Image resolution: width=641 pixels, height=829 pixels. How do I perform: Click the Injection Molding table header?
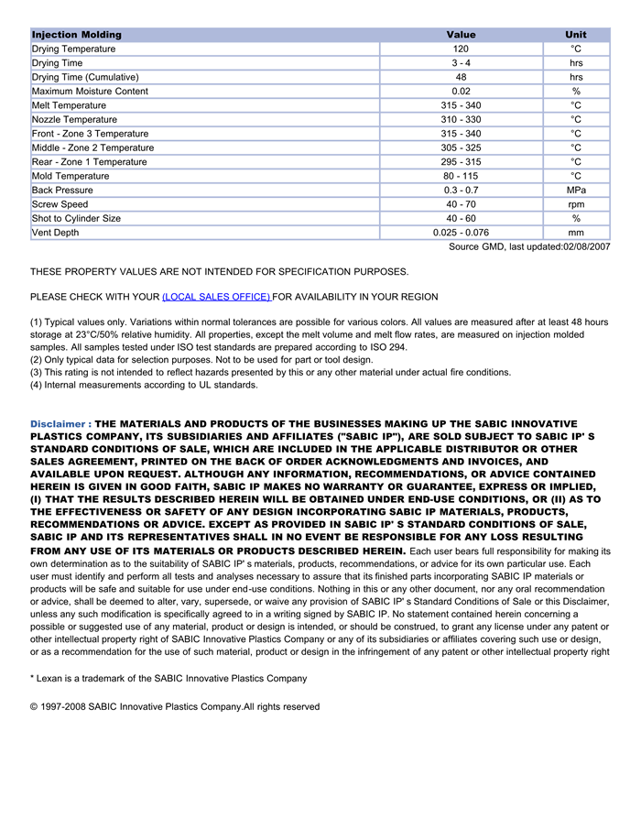77,35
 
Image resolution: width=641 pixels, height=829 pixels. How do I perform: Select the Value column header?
461,35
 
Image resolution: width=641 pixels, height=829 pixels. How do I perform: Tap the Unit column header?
576,35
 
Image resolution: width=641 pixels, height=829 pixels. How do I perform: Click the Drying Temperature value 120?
461,49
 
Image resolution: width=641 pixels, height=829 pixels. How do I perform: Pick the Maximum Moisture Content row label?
90,92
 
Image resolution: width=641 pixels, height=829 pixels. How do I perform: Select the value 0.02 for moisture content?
461,92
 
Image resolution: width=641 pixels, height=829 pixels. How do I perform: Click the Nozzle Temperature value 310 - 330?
461,120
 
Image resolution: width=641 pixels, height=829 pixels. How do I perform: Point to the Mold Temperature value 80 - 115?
461,176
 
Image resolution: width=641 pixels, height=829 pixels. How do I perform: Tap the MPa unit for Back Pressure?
576,191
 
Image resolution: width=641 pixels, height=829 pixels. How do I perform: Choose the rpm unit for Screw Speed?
576,204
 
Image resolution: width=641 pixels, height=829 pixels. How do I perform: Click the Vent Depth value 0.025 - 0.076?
461,233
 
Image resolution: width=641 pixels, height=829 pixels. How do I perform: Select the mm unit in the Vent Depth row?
576,233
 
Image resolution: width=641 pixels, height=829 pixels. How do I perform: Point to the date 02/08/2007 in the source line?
586,246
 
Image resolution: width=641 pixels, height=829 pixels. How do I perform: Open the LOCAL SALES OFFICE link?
216,297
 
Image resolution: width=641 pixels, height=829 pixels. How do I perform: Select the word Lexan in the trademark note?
51,678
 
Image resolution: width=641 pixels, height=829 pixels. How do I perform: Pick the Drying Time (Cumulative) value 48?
461,77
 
